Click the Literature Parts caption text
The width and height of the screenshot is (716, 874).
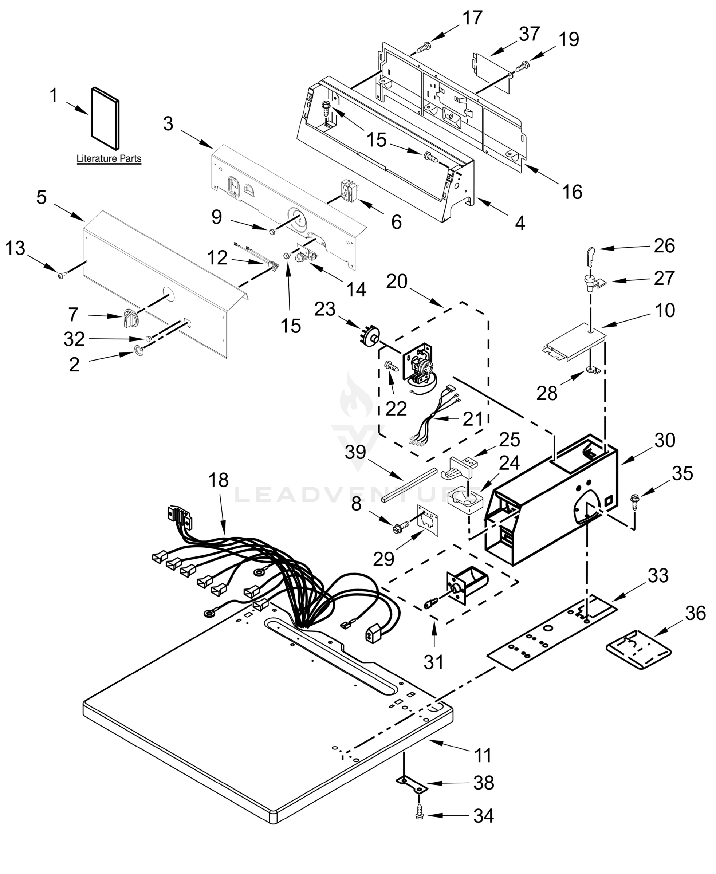point(109,158)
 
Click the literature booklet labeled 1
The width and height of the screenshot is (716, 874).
point(105,118)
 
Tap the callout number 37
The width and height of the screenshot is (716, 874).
point(529,34)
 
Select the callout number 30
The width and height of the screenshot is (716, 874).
point(664,441)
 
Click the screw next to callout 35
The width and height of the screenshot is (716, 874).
point(634,503)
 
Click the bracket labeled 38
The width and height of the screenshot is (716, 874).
point(412,783)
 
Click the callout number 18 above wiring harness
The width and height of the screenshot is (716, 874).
point(218,480)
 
